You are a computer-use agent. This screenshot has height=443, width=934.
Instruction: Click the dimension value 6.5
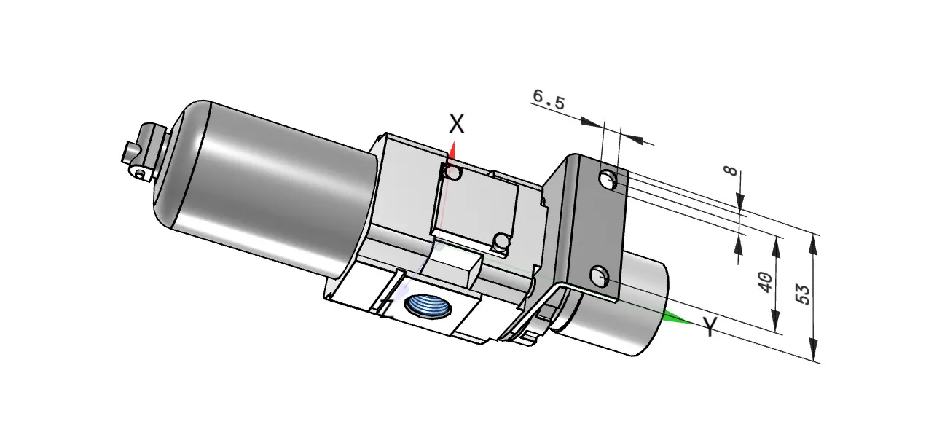click(x=549, y=100)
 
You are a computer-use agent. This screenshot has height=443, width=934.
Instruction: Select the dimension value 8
click(x=731, y=170)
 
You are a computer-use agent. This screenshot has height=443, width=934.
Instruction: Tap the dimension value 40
click(x=764, y=282)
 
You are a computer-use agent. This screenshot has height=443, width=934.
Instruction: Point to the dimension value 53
click(x=803, y=294)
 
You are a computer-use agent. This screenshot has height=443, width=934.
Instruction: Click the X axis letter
click(x=457, y=124)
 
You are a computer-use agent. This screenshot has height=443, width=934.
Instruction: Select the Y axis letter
click(x=710, y=326)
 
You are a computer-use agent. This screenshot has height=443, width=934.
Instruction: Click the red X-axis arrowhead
click(x=452, y=151)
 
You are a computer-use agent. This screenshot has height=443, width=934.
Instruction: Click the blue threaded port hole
click(x=428, y=307)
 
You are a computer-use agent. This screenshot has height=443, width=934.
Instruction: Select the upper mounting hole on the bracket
click(x=609, y=179)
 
